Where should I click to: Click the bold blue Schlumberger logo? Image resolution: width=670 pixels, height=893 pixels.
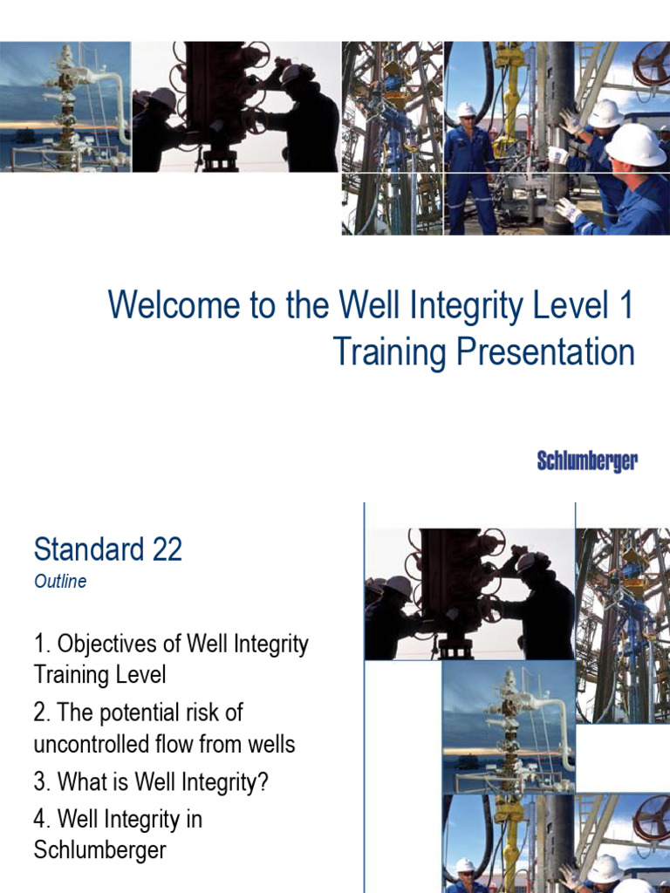coord(587,461)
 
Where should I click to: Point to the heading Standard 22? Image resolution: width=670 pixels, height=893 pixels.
coord(107,550)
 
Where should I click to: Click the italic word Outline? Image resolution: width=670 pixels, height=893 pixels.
coord(60,582)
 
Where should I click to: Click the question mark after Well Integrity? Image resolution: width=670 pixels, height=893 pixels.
coord(262,781)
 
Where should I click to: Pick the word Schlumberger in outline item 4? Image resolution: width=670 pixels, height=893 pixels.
coord(99,850)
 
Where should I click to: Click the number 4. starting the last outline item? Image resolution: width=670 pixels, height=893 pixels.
coord(43,820)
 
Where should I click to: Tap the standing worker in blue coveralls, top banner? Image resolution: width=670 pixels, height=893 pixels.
coord(468,166)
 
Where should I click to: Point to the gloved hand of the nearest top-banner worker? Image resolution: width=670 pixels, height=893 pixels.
coord(568,209)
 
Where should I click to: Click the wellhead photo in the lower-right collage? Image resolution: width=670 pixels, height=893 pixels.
coord(508,728)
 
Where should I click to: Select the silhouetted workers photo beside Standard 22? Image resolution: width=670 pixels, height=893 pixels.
coord(469,593)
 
